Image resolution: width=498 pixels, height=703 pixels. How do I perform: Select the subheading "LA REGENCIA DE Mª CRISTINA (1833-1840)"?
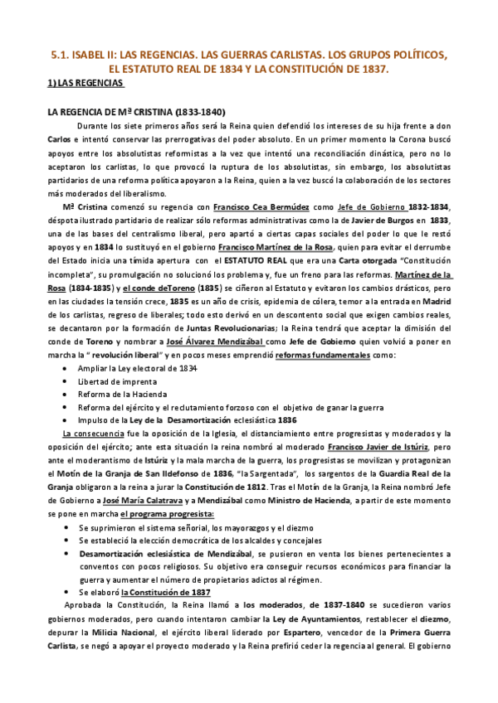133,112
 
